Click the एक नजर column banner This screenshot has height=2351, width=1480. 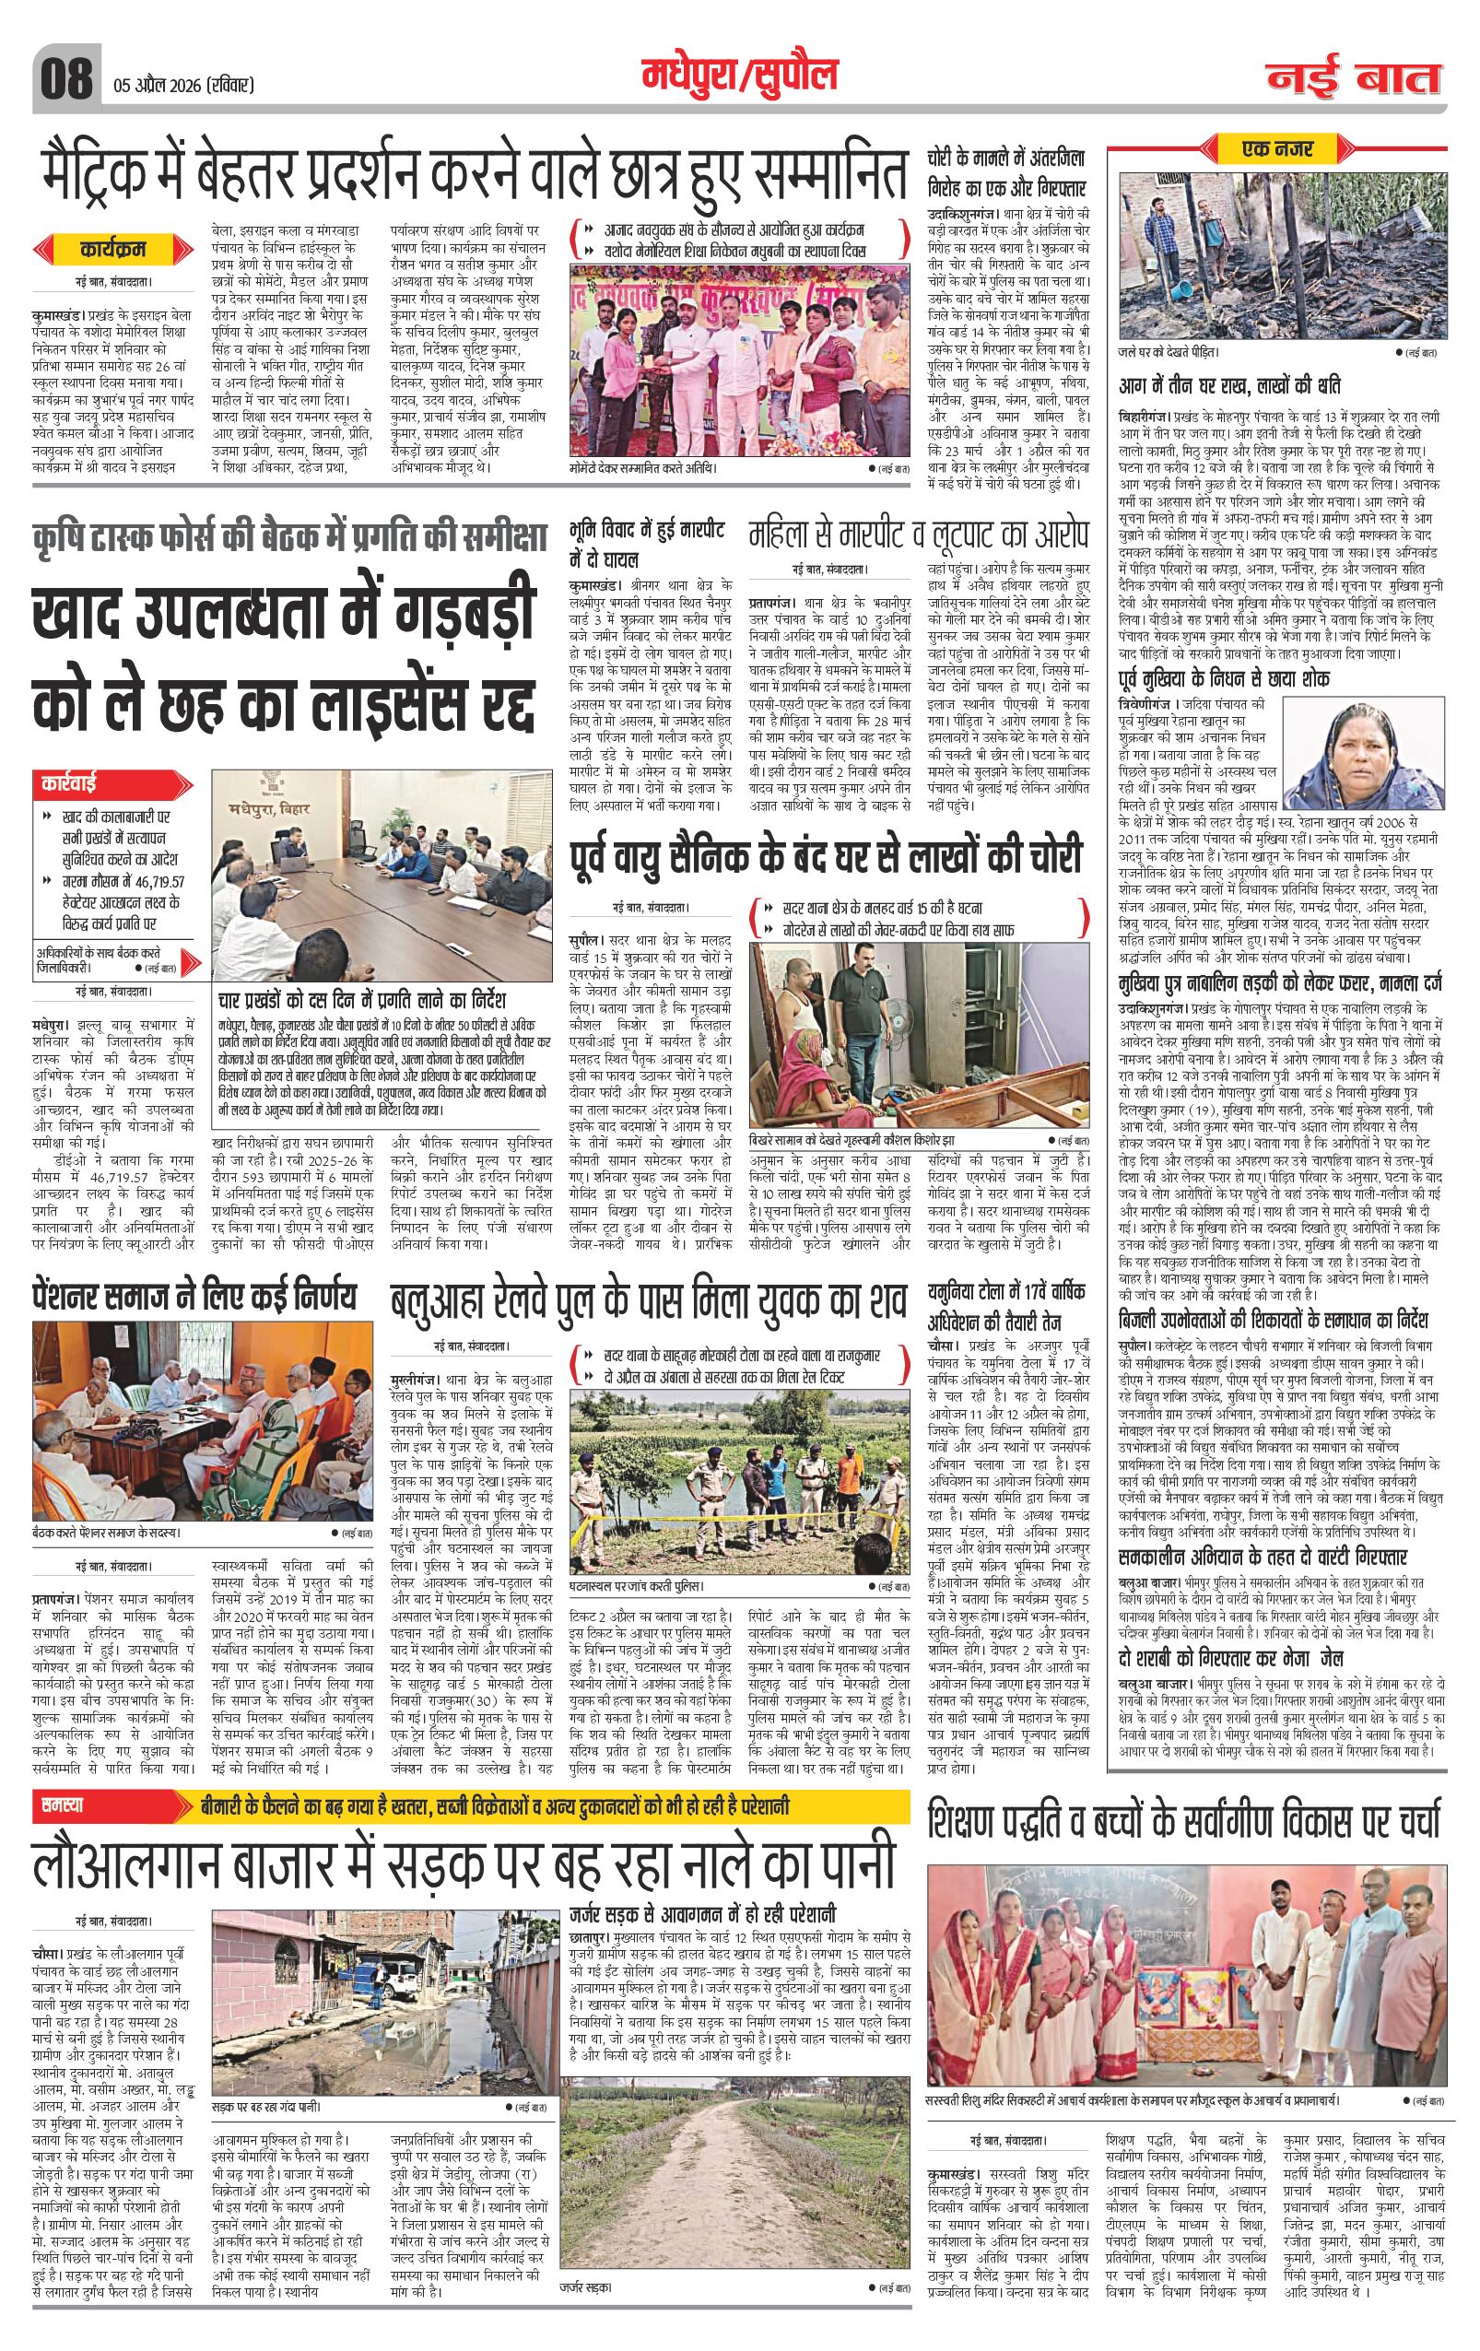tap(1278, 148)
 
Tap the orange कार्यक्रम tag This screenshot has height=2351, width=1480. tap(112, 250)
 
